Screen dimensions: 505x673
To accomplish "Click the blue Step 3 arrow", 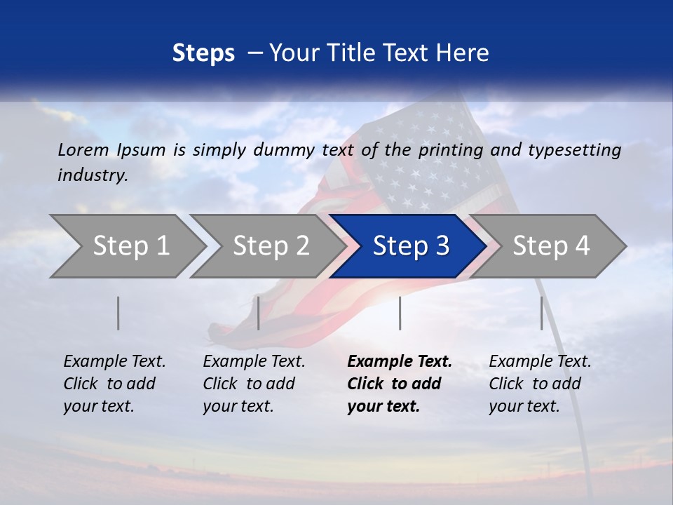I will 410,246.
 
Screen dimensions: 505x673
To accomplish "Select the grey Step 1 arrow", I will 130,246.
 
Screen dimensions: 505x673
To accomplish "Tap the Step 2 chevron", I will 271,246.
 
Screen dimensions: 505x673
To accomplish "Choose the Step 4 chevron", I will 551,246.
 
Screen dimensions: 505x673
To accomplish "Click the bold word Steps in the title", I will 203,53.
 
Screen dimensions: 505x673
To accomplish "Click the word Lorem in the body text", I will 83,150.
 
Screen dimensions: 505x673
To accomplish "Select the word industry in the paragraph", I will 92,175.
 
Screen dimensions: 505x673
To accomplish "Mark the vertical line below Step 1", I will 118,313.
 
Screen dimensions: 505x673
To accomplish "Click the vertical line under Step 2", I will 259,313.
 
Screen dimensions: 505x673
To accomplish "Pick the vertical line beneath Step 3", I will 400,313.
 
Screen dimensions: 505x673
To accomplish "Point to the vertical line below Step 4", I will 541,313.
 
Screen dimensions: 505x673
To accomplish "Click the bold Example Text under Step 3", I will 400,362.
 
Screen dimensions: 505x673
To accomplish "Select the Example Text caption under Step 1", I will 114,362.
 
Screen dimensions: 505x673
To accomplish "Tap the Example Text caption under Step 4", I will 540,362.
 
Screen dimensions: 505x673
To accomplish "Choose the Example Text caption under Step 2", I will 254,362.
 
